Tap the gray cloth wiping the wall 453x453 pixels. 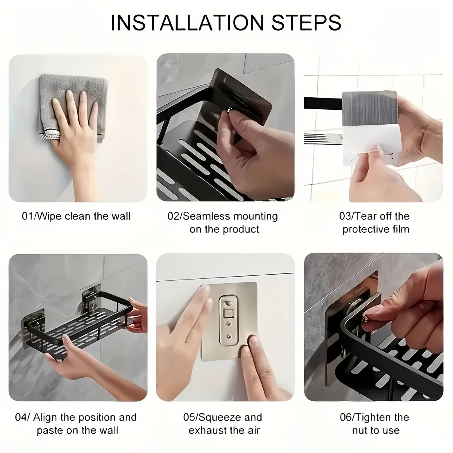click(x=71, y=93)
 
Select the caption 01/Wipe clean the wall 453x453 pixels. click(x=76, y=216)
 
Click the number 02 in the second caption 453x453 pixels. click(x=173, y=216)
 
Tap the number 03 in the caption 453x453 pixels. click(x=345, y=216)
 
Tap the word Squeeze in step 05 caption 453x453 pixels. click(x=216, y=417)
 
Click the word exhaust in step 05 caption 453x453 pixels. click(x=206, y=430)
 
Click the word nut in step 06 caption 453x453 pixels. click(x=359, y=430)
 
